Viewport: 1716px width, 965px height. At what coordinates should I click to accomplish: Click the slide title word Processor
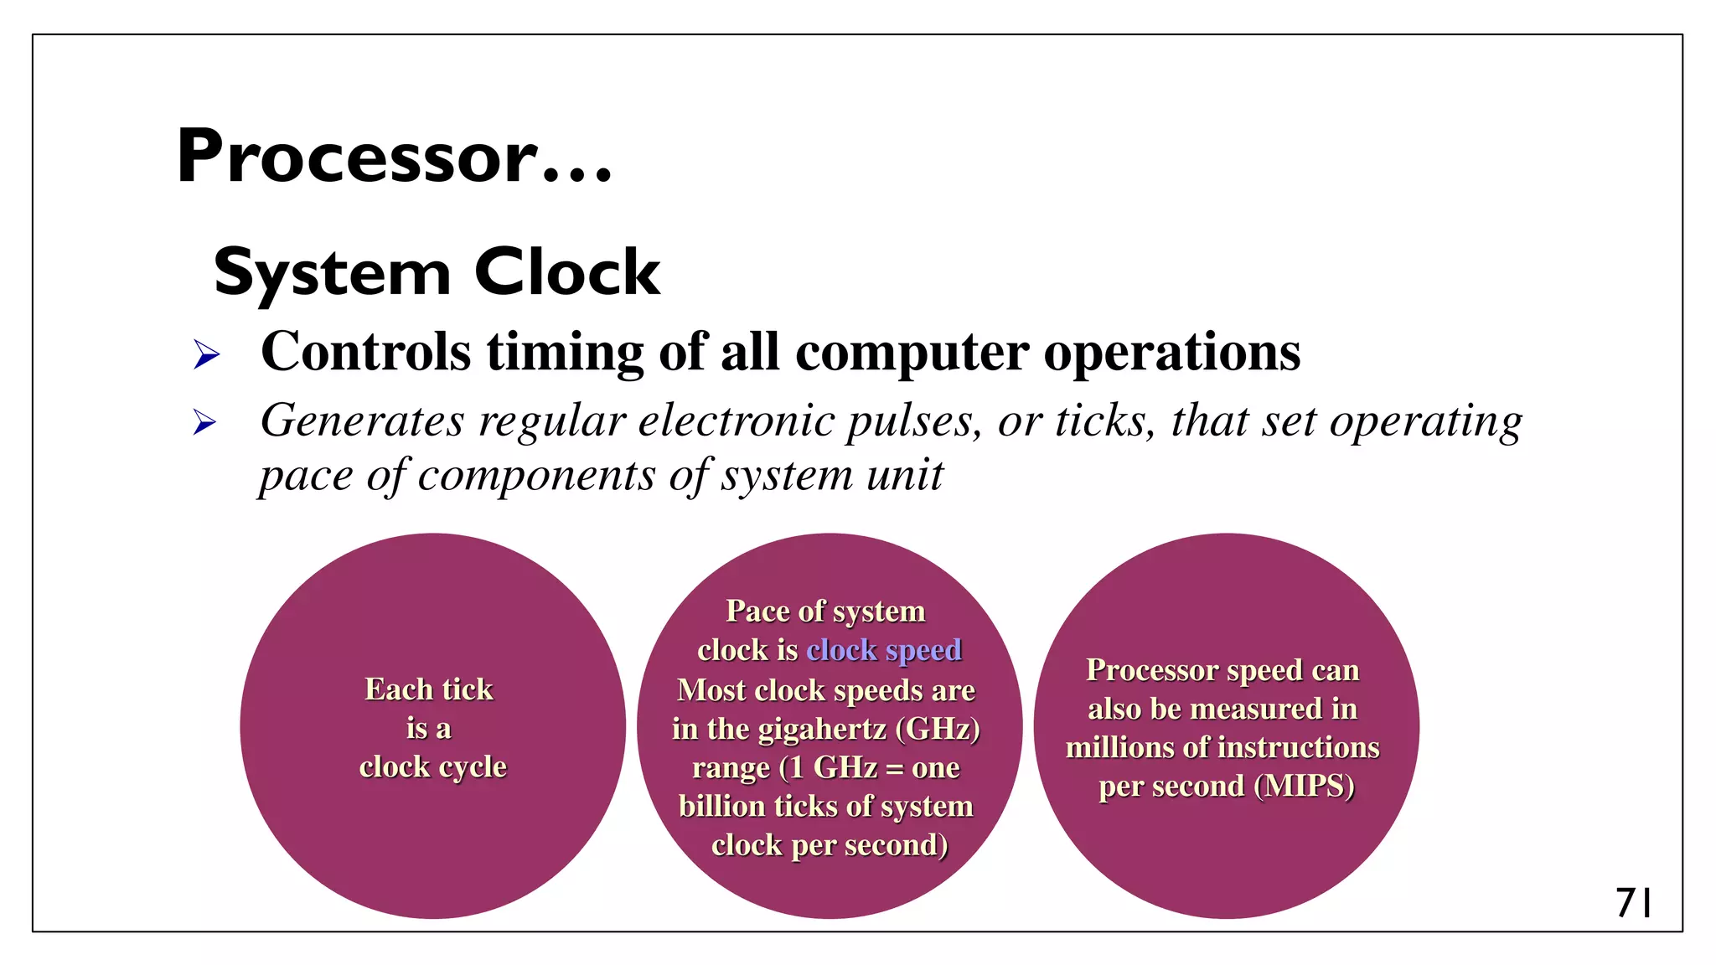(355, 157)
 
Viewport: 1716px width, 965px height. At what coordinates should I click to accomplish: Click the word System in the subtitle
(332, 274)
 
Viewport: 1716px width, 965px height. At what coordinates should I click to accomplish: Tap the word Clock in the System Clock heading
(567, 272)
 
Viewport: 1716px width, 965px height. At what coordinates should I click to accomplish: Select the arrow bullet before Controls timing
(206, 354)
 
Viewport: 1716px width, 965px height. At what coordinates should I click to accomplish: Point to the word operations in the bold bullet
(1173, 351)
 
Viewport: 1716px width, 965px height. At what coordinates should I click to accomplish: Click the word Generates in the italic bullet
(360, 420)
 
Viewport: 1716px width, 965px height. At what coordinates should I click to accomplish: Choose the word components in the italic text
(536, 476)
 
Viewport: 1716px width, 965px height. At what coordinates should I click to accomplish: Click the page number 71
(1633, 903)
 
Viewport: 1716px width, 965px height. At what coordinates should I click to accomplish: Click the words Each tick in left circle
(429, 689)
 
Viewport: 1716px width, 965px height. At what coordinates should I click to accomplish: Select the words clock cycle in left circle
(432, 766)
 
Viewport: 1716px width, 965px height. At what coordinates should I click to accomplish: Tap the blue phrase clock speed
(884, 650)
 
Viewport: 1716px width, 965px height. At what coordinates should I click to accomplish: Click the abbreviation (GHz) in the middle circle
(938, 729)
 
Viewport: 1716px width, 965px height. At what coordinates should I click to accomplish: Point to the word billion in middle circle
(722, 806)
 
